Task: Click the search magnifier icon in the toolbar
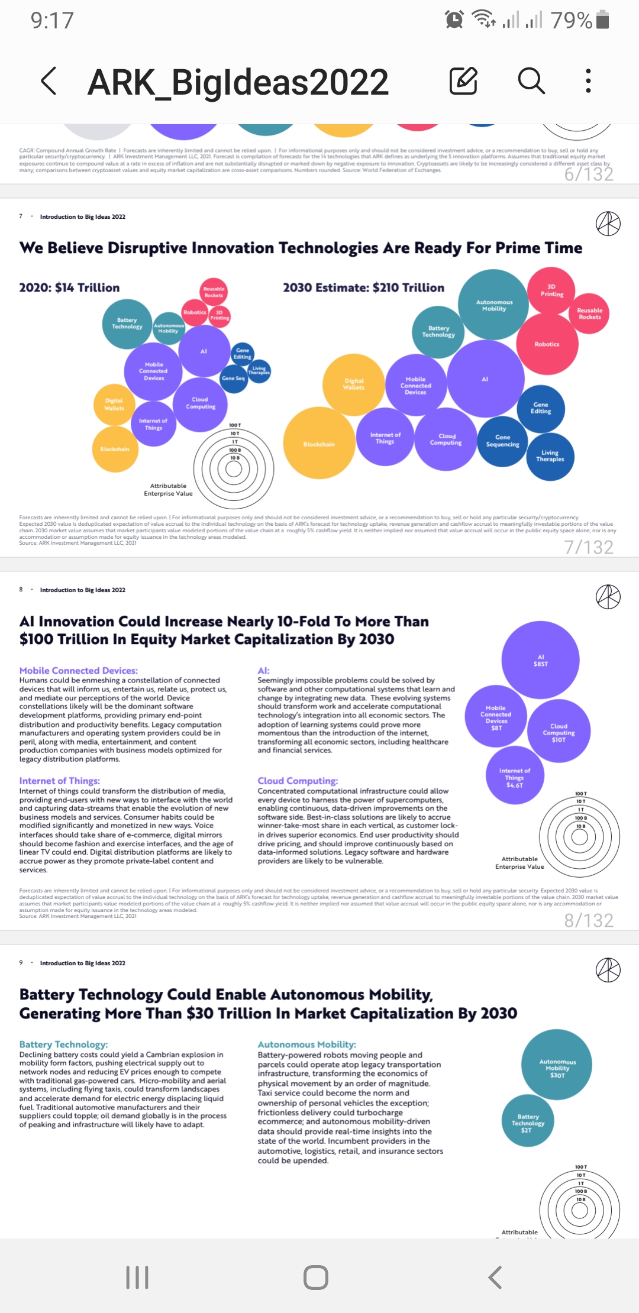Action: point(531,81)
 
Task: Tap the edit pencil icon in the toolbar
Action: point(463,81)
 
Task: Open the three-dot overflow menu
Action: point(588,81)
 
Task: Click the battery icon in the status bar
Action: point(602,20)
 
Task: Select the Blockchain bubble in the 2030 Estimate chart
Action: point(319,443)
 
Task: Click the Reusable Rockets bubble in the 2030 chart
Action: point(589,313)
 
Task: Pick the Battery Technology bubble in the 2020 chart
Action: point(127,324)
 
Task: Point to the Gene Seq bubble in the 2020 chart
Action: point(233,379)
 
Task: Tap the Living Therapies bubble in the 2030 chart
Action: point(550,456)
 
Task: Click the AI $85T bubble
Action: point(540,660)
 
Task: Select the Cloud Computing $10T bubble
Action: point(559,732)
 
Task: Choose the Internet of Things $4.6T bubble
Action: point(514,777)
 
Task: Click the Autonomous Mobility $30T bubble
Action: point(557,1068)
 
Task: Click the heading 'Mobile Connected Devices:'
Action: point(79,671)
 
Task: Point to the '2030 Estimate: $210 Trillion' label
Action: point(363,288)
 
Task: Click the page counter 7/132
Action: point(588,547)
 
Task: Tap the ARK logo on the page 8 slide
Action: point(608,596)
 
